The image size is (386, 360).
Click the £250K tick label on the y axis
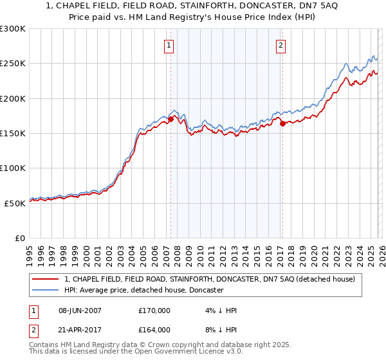tap(13, 64)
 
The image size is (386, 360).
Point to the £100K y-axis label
tap(13, 168)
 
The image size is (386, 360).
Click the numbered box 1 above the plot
tap(169, 45)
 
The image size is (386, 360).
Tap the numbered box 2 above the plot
tap(281, 45)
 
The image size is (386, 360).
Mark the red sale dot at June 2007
tap(170, 119)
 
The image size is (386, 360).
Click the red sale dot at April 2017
tap(282, 124)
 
